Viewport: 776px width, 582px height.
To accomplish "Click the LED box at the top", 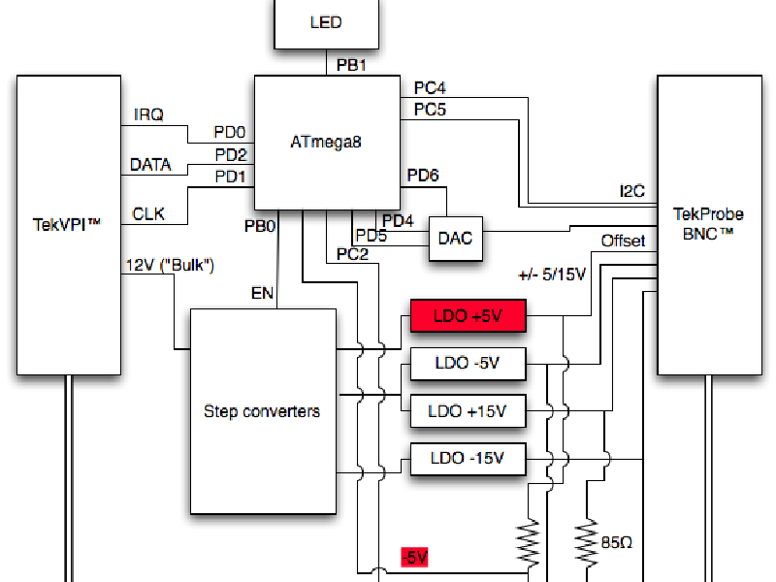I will coord(325,23).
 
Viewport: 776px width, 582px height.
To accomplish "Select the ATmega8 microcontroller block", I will coord(326,142).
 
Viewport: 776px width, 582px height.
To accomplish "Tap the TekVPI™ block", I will coord(67,225).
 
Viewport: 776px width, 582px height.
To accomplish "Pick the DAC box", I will coord(455,239).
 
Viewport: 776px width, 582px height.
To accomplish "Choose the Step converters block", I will coord(261,411).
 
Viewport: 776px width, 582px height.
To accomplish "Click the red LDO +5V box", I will coord(468,315).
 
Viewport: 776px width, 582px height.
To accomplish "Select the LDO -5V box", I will coord(468,364).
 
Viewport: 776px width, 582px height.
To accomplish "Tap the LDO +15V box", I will coord(468,411).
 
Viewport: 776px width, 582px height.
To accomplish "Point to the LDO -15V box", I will coord(468,459).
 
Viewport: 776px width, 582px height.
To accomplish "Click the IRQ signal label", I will coord(148,114).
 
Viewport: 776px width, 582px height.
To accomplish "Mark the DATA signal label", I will coord(150,165).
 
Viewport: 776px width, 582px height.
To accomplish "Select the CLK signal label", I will coord(148,213).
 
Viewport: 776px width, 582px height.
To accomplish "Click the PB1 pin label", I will coord(351,65).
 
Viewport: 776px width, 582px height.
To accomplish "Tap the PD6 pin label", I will coord(423,176).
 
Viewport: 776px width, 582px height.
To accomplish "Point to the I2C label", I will coord(631,191).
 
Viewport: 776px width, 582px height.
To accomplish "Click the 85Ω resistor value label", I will coord(617,543).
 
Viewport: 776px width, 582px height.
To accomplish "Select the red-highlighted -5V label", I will coord(414,558).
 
